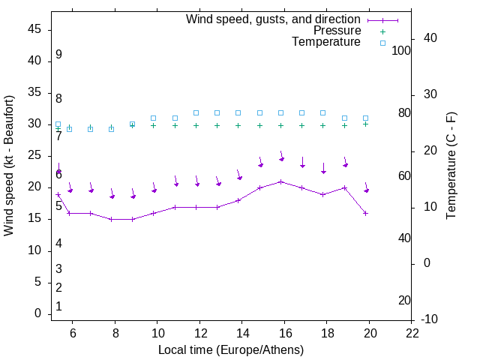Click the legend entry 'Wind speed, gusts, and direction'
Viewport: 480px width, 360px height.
[274, 19]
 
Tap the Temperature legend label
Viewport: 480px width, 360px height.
[326, 42]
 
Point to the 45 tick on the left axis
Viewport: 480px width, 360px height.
[34, 28]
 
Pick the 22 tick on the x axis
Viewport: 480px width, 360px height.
[412, 334]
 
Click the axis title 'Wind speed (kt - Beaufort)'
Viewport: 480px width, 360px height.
[10, 165]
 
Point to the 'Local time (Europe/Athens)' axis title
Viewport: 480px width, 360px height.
[231, 349]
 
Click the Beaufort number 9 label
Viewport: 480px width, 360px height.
[58, 55]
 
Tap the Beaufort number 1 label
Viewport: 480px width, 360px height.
[58, 306]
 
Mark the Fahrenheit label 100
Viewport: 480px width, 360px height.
[401, 50]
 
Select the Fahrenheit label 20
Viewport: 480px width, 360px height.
[404, 300]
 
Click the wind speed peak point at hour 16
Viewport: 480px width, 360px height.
[281, 181]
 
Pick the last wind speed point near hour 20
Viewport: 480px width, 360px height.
[366, 213]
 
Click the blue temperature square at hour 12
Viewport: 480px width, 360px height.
[196, 112]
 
